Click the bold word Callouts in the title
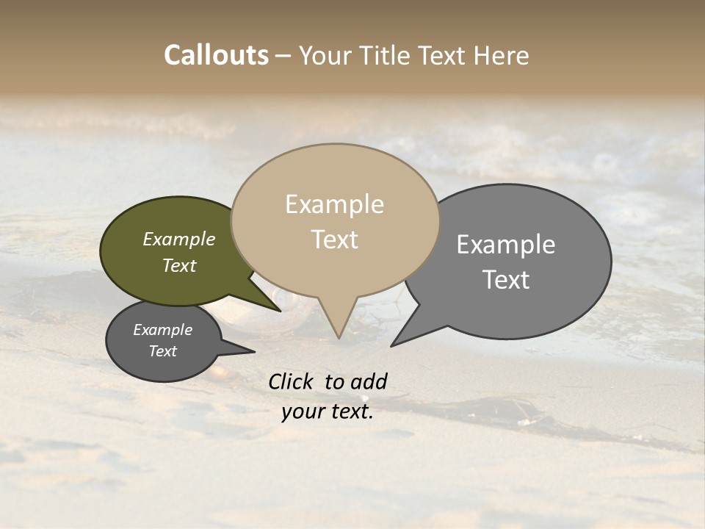(x=216, y=56)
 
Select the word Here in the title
(x=501, y=56)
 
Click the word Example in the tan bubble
(x=334, y=204)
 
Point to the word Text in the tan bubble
(x=334, y=240)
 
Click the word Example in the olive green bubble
(x=179, y=240)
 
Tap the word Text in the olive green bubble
(x=179, y=266)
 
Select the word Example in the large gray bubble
(x=506, y=245)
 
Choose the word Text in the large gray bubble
(x=506, y=280)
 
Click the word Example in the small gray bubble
(x=162, y=330)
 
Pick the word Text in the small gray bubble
(x=162, y=351)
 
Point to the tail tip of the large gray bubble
(x=391, y=345)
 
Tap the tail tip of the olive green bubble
(x=281, y=311)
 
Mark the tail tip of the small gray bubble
(x=254, y=352)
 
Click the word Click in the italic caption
(x=292, y=381)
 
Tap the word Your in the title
(x=326, y=56)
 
